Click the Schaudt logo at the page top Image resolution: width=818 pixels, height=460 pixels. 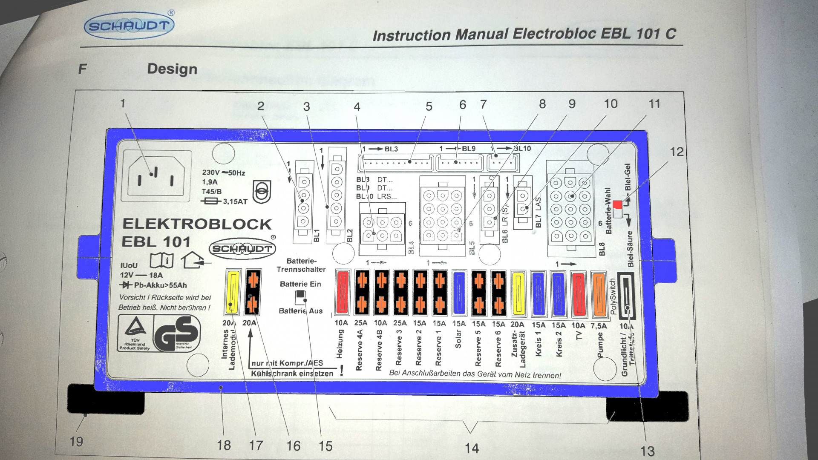click(129, 26)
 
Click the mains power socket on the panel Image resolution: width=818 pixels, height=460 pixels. click(156, 175)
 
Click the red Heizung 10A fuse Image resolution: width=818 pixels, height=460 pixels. click(343, 293)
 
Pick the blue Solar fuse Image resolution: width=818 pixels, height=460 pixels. click(459, 293)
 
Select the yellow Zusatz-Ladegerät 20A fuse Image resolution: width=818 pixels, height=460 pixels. click(518, 293)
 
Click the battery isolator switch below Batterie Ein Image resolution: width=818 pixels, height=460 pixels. click(301, 297)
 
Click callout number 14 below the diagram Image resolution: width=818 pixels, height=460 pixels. click(472, 448)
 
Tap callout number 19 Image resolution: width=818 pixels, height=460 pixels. click(76, 441)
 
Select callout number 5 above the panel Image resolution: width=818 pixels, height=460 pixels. click(429, 106)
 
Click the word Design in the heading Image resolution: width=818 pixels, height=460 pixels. click(172, 69)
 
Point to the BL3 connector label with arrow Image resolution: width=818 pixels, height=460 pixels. click(380, 149)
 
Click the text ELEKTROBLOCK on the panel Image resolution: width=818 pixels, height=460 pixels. click(197, 224)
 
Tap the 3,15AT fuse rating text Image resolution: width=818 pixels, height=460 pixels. click(235, 201)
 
